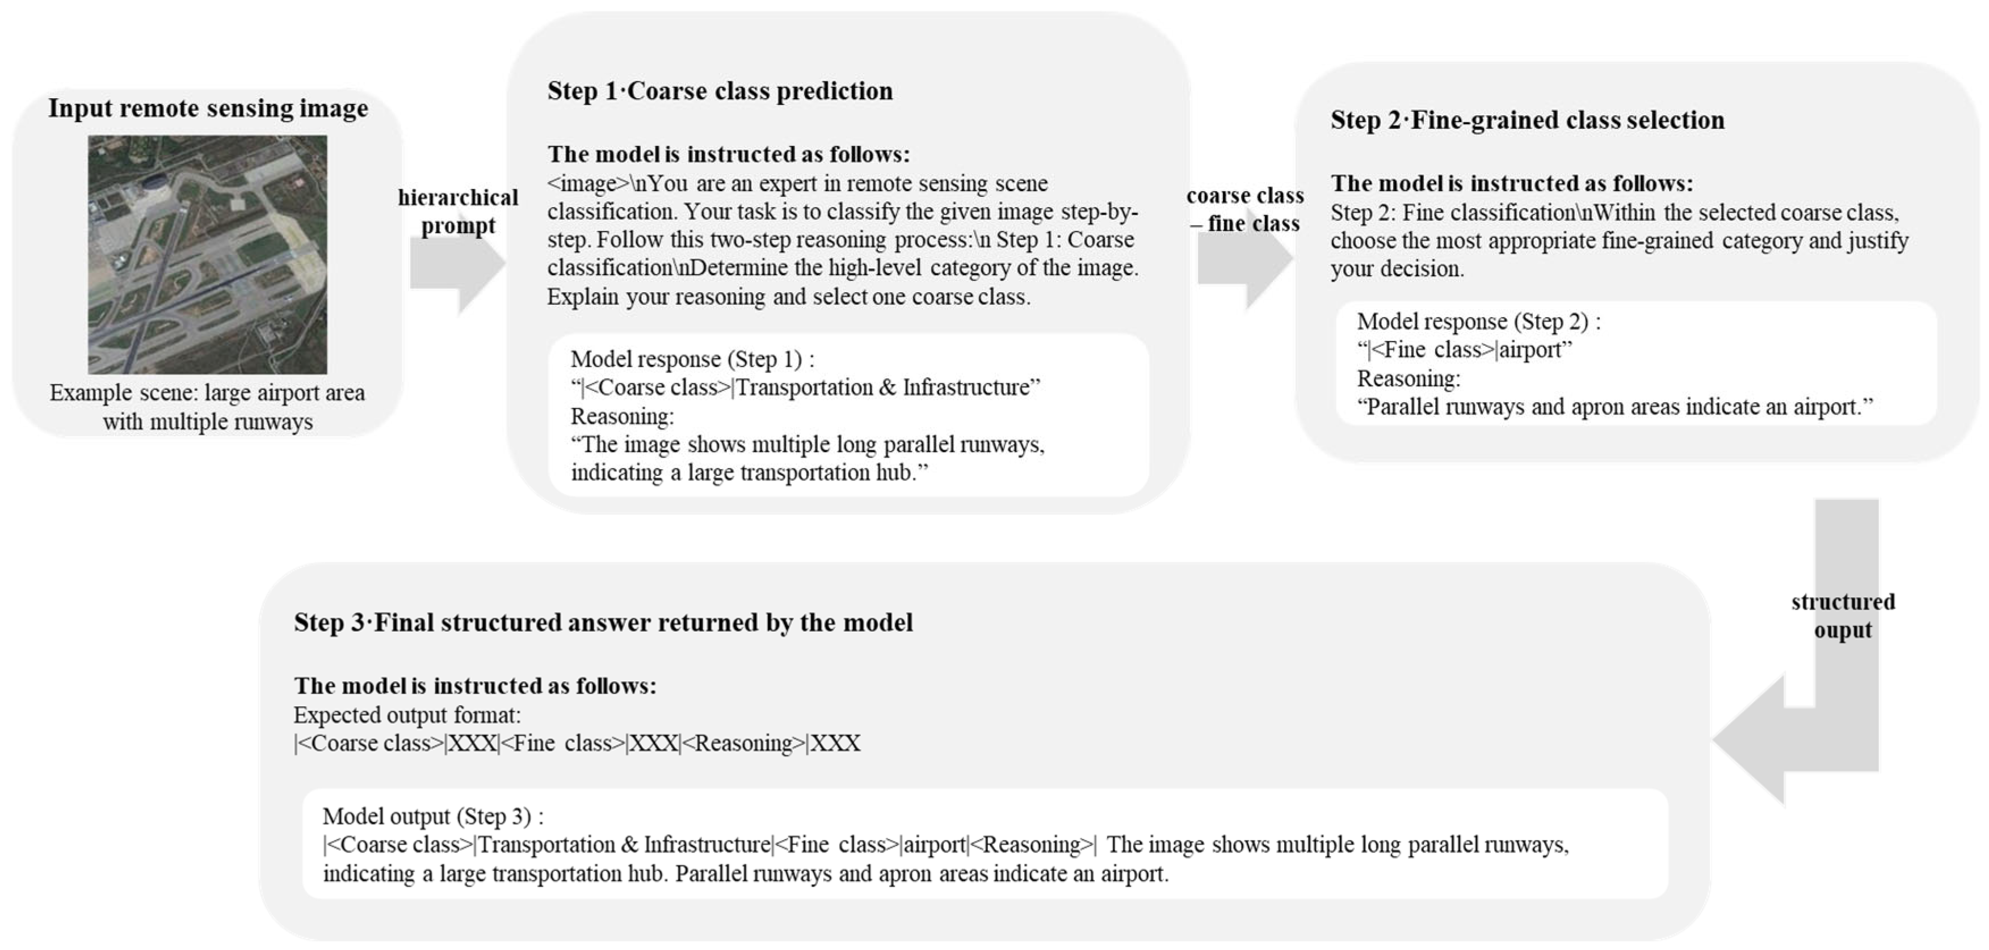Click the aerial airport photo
[207, 255]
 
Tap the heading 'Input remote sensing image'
[208, 108]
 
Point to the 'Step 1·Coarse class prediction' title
[720, 91]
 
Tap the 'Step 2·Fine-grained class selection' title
[1527, 120]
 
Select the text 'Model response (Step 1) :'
[692, 359]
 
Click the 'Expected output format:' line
[407, 715]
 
